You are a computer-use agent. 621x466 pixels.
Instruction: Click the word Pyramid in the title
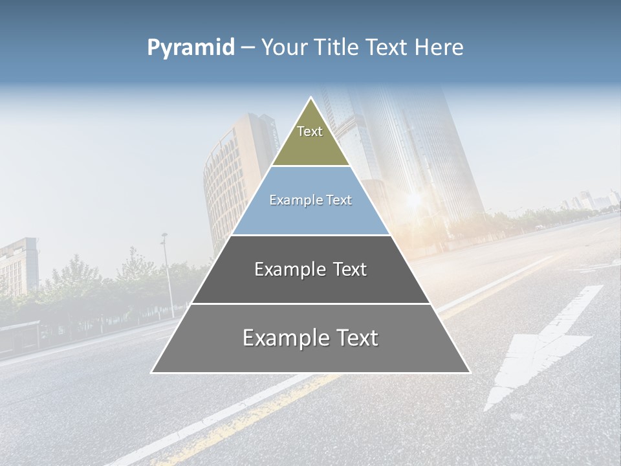191,48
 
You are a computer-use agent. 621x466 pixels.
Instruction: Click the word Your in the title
282,48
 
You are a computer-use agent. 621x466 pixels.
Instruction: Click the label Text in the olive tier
310,131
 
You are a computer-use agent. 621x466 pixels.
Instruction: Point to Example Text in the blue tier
310,200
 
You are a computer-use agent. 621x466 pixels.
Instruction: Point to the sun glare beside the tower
413,201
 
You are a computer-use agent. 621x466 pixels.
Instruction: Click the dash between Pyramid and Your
248,48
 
